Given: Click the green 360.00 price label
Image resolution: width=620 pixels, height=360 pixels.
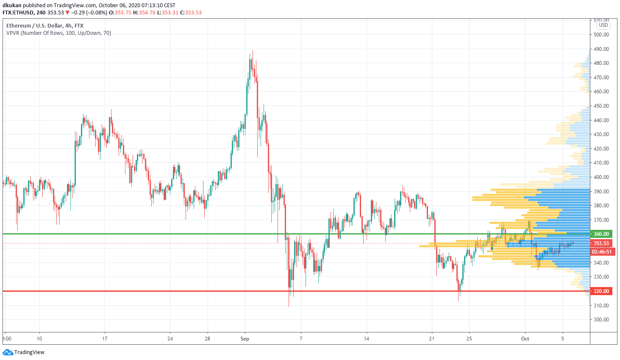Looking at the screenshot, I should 601,234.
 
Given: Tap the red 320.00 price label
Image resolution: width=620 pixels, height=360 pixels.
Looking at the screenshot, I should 601,291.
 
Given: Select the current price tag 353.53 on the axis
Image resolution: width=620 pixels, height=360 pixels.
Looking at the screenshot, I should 601,243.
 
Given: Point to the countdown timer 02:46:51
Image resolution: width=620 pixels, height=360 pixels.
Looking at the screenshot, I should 602,252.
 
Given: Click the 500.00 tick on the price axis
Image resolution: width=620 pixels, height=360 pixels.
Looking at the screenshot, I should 601,35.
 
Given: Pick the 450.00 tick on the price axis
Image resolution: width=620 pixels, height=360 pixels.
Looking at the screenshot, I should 601,106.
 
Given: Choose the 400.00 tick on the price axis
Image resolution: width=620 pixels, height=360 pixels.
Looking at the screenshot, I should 601,177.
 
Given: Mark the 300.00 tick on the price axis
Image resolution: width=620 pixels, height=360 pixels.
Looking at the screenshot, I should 601,320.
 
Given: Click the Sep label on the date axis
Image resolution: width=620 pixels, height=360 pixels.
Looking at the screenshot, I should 245,339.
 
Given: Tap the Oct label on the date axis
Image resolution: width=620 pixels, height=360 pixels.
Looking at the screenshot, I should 525,339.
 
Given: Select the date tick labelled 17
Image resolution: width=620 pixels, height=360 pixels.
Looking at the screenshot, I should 105,339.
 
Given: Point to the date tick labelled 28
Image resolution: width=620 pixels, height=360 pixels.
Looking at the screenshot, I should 208,339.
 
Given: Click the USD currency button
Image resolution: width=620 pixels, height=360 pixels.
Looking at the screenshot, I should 603,25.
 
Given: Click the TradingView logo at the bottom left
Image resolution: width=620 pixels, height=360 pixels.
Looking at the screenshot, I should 24,352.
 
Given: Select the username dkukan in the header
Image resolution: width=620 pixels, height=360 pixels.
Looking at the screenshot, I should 12,6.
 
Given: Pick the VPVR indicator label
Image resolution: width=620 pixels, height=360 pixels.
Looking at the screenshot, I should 58,33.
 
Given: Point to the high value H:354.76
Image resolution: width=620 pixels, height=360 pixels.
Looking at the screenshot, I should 144,13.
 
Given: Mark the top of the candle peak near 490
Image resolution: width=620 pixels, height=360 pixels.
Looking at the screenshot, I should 253,50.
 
